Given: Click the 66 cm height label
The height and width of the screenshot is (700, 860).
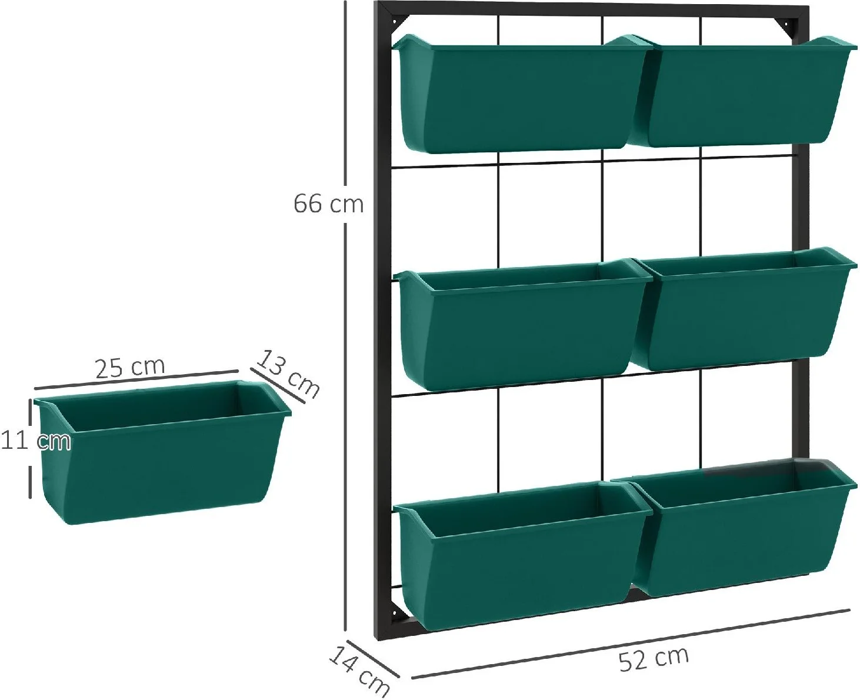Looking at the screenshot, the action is tap(328, 204).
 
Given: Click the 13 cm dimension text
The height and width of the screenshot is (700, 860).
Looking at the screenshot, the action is tap(288, 374).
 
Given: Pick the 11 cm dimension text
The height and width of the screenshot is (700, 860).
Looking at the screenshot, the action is tap(35, 441).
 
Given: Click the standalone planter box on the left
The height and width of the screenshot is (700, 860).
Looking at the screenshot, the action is tap(162, 452).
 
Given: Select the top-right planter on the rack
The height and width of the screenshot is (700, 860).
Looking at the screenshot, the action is tap(743, 91).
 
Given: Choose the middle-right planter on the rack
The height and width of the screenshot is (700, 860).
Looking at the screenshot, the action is tap(743, 309).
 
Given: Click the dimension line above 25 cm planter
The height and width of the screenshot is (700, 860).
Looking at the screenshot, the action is tap(136, 379).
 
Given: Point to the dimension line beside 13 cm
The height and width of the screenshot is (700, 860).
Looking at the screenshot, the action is tap(278, 385).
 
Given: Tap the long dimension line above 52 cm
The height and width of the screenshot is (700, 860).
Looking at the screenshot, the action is tap(630, 644).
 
